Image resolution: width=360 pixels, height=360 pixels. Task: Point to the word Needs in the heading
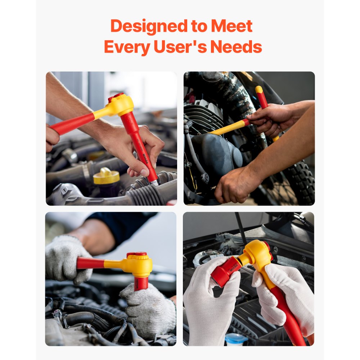pos(236,47)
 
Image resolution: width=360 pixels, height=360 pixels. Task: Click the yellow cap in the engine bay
pos(106,176)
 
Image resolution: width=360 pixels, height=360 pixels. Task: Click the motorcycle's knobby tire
pos(301,180)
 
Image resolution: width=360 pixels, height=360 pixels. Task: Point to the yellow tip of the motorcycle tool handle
pos(259,89)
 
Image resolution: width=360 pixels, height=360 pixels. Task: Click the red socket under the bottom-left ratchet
pos(141,283)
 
